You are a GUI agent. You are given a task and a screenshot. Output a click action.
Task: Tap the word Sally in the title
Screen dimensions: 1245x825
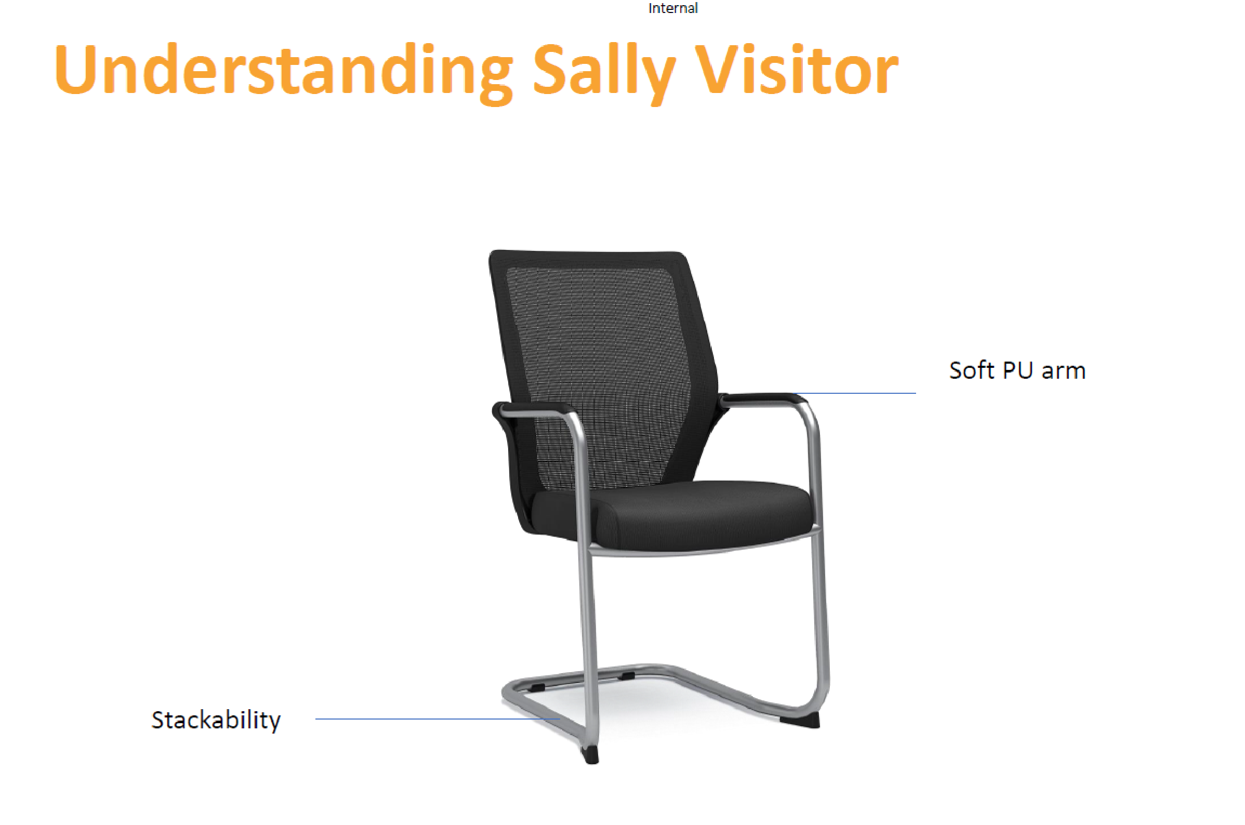point(604,73)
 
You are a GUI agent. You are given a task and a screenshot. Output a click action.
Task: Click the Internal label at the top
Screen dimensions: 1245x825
point(672,8)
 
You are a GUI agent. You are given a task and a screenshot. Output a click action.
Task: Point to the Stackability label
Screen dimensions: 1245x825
point(216,720)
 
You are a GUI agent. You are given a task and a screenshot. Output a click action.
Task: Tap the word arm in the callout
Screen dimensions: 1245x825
point(1064,372)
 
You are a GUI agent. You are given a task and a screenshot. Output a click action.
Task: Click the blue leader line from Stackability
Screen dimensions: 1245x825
point(438,718)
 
